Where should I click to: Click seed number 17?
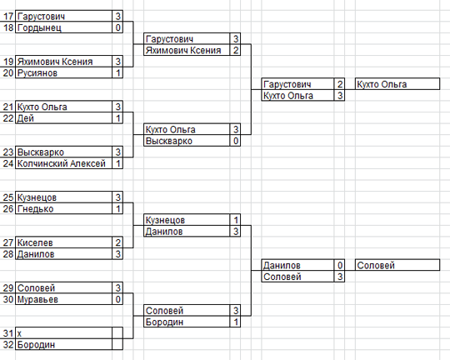[8, 17]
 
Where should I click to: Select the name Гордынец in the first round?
[39, 27]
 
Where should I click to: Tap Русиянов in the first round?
[37, 73]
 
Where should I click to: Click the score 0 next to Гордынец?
[118, 27]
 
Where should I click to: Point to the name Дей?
[26, 118]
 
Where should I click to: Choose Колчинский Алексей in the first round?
[62, 163]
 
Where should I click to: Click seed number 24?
[8, 163]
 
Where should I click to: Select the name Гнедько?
[36, 209]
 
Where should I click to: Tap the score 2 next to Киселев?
[118, 242]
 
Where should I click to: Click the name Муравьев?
[37, 299]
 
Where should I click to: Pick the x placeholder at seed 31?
[19, 333]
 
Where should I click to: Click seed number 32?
[8, 344]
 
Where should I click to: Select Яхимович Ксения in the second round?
[183, 51]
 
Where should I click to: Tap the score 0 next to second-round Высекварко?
[236, 141]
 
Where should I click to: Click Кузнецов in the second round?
[165, 221]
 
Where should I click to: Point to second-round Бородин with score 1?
[164, 322]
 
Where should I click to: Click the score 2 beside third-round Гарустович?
[340, 84]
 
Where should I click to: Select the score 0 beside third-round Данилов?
[340, 265]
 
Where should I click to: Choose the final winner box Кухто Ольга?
[397, 84]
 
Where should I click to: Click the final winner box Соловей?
[397, 265]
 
